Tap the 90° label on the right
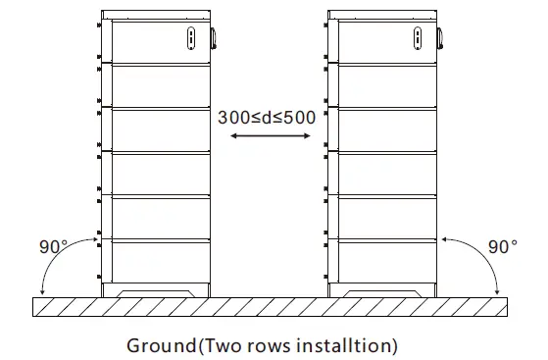point(502,246)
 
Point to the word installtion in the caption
point(344,345)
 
